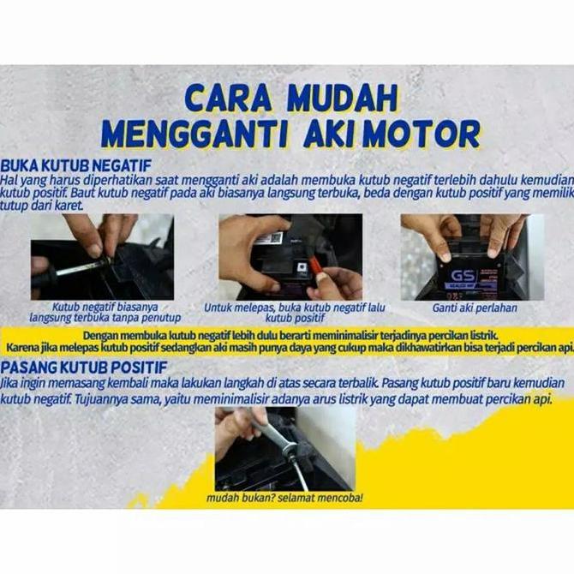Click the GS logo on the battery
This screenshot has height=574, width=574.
coord(463,276)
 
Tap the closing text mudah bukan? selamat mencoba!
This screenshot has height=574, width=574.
coord(284,498)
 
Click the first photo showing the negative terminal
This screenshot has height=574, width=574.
coord(101,257)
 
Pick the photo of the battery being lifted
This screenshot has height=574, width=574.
coord(472,257)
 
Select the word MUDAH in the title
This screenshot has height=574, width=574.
coord(343,98)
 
